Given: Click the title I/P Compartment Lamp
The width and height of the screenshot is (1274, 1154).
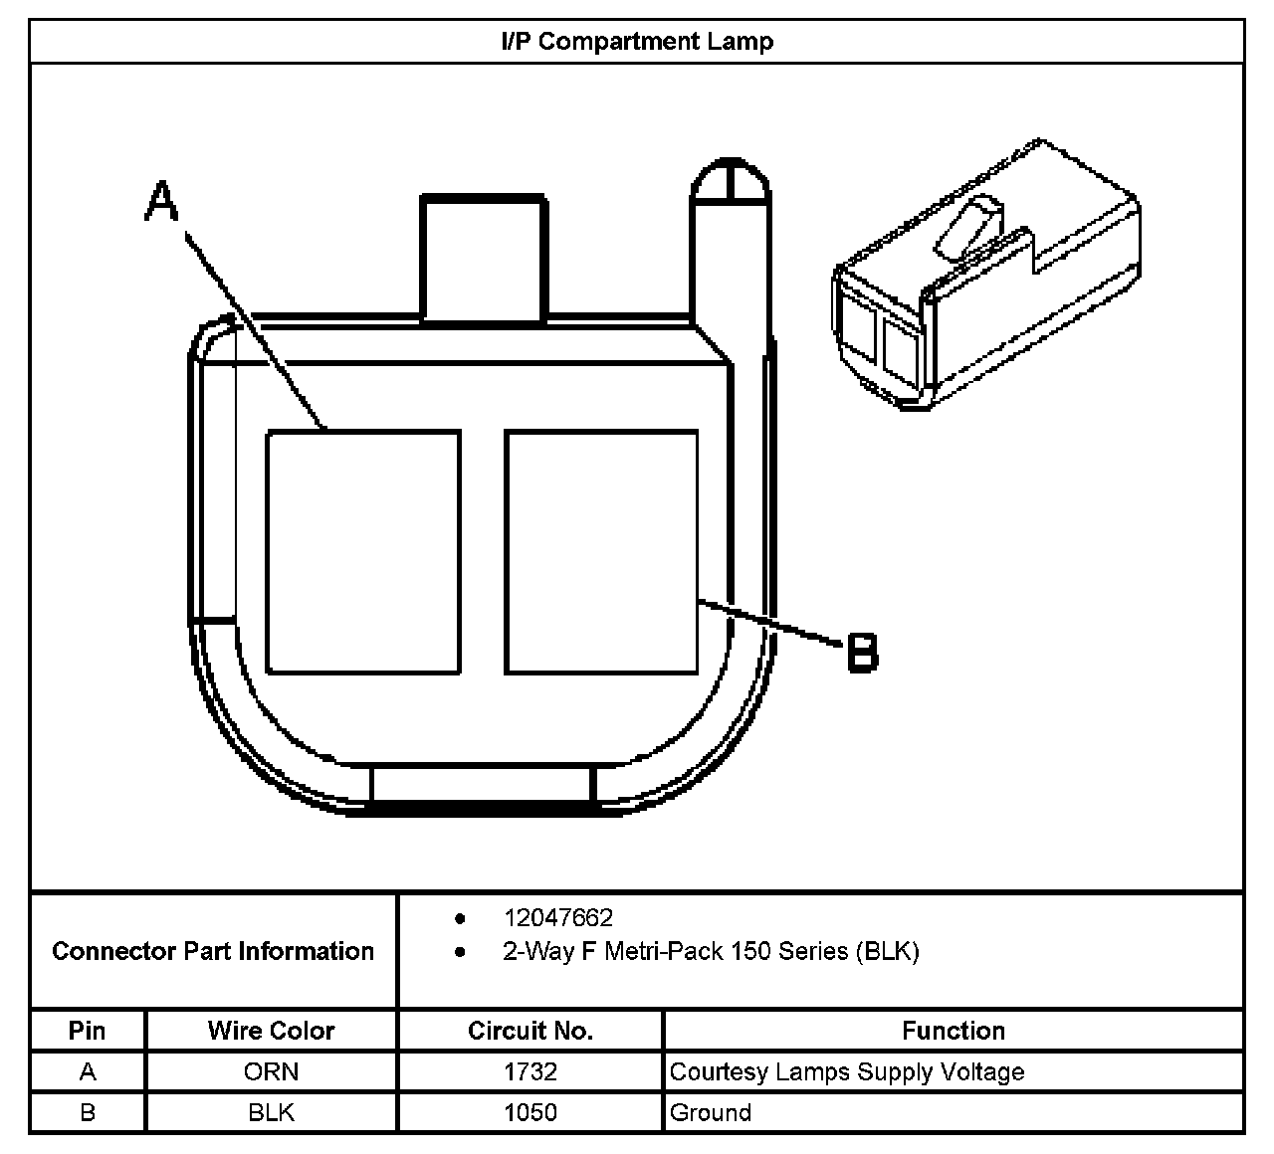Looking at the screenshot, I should click(x=637, y=42).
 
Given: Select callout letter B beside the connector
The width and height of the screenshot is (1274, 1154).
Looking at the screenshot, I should click(x=862, y=653).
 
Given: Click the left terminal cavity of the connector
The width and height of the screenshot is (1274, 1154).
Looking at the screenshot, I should click(x=363, y=551).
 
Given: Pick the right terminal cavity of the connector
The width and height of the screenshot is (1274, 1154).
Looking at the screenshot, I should click(x=601, y=551).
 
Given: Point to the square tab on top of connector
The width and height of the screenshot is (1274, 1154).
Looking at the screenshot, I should click(x=484, y=257).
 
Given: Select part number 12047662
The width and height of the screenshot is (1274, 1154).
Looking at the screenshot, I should click(x=557, y=917).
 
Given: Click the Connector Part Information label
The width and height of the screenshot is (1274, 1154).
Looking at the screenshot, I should click(x=213, y=951).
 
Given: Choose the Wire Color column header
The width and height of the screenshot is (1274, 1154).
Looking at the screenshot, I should click(x=271, y=1031).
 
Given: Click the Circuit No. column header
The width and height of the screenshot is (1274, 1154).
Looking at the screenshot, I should click(x=531, y=1031).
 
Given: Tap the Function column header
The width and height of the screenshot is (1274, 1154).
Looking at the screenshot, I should click(x=954, y=1031).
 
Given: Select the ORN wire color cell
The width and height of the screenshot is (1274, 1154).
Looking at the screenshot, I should click(x=271, y=1071).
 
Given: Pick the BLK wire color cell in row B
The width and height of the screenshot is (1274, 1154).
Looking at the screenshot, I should click(x=271, y=1112).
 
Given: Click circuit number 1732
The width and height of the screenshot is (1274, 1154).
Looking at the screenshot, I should click(x=531, y=1071).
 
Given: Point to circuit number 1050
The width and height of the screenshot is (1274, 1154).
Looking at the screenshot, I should click(x=531, y=1112).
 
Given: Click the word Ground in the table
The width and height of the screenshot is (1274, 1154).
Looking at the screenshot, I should click(x=711, y=1112).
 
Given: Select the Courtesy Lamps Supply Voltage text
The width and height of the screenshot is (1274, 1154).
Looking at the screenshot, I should click(x=847, y=1071).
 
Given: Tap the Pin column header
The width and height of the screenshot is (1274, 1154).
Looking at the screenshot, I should click(x=88, y=1031).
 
